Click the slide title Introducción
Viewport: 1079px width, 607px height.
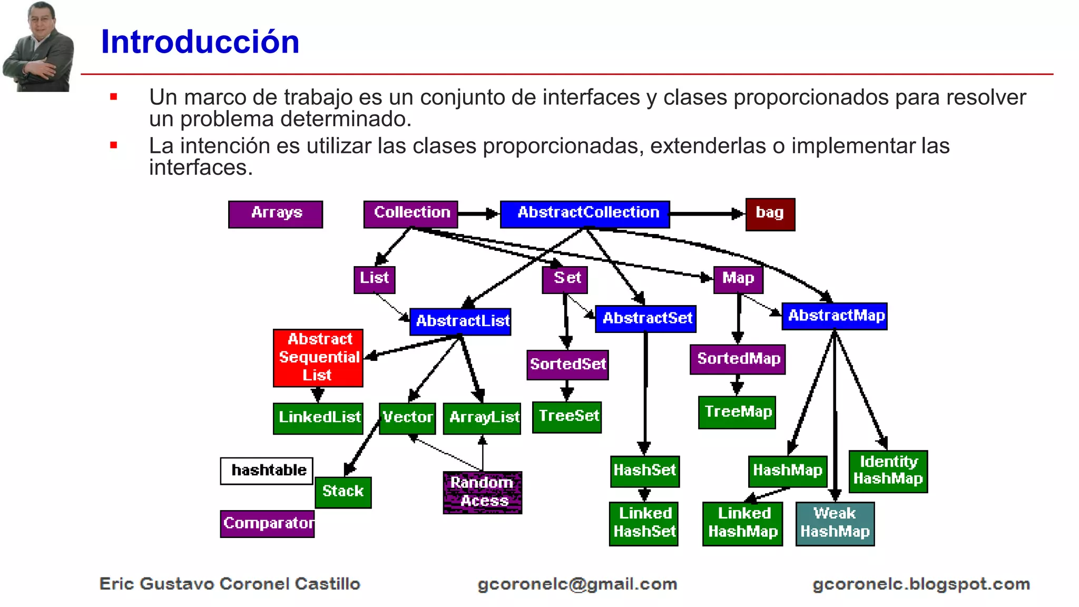(x=200, y=42)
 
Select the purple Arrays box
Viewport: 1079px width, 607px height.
(x=276, y=214)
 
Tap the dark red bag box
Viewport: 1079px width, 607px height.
(x=770, y=214)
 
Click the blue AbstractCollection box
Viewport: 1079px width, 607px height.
(x=585, y=214)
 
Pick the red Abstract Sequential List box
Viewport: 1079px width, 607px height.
(x=318, y=358)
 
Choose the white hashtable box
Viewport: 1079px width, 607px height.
(x=267, y=471)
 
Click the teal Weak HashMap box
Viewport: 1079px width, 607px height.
(x=835, y=523)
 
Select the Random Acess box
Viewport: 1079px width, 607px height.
(x=483, y=492)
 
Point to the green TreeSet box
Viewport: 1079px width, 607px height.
(x=567, y=417)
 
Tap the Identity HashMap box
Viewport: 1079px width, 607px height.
(x=888, y=471)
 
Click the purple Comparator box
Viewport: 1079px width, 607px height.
(x=268, y=523)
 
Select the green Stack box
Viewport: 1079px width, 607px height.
(x=344, y=492)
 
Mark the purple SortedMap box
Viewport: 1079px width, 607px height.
(x=738, y=359)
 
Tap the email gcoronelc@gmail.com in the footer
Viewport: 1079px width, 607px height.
(x=577, y=584)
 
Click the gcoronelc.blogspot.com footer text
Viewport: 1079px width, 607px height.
(x=921, y=584)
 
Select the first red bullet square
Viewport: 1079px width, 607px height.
(x=113, y=97)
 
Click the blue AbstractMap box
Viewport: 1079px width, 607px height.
(x=835, y=316)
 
